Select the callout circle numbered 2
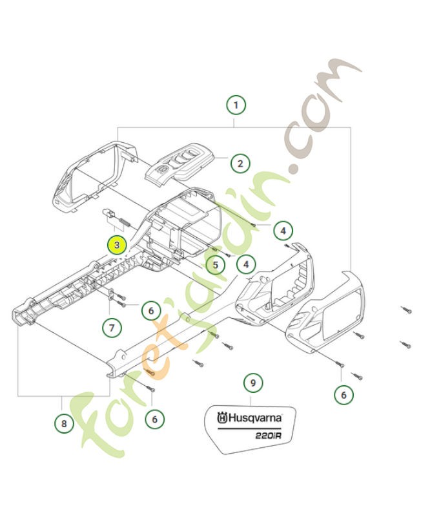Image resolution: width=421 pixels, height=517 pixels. point(240,163)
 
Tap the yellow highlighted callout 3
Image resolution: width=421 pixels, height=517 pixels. point(117,245)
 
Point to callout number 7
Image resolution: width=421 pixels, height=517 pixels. point(111,327)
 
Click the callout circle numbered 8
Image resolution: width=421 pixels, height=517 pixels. point(63,423)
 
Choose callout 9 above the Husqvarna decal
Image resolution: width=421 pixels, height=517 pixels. point(252,383)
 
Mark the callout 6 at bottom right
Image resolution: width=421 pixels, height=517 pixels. point(343,394)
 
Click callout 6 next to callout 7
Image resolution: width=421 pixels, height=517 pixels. point(150,311)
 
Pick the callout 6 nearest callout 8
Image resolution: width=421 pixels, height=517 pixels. point(154,419)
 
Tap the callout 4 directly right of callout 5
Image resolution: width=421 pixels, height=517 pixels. point(246,264)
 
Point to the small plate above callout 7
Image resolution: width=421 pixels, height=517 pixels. point(111,295)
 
